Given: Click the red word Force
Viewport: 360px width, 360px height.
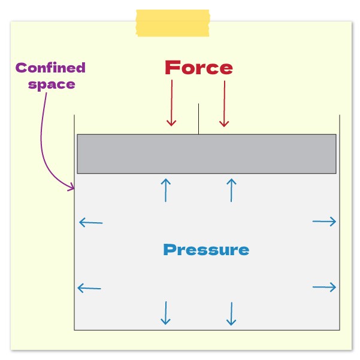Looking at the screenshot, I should (x=199, y=68).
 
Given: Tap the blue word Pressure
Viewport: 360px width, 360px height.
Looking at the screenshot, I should (x=206, y=249).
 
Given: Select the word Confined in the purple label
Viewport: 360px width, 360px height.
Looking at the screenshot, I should (x=51, y=68).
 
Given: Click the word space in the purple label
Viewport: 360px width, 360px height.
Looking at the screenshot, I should (x=52, y=83).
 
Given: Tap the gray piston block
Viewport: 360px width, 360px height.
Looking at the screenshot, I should (x=206, y=154).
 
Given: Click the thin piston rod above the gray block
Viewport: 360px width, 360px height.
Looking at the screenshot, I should (x=198, y=119).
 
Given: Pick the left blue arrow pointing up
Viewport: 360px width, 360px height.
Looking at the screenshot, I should (x=166, y=189).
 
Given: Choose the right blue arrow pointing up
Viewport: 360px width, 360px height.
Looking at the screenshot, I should (x=231, y=189).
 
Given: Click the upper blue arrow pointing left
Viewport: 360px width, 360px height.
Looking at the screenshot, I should (x=90, y=223).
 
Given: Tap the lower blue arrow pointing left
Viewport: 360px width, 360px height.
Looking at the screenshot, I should (x=89, y=288).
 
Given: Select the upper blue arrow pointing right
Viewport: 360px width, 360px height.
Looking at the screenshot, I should (x=324, y=222).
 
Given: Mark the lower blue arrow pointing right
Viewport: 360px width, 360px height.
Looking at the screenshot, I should (x=324, y=288).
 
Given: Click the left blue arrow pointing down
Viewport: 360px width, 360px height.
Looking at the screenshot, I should (x=166, y=313).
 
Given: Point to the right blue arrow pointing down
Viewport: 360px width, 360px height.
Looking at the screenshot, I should (x=231, y=313).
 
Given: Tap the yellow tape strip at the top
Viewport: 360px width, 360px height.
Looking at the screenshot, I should (x=173, y=23).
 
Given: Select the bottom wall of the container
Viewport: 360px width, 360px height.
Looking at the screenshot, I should (x=206, y=329).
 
